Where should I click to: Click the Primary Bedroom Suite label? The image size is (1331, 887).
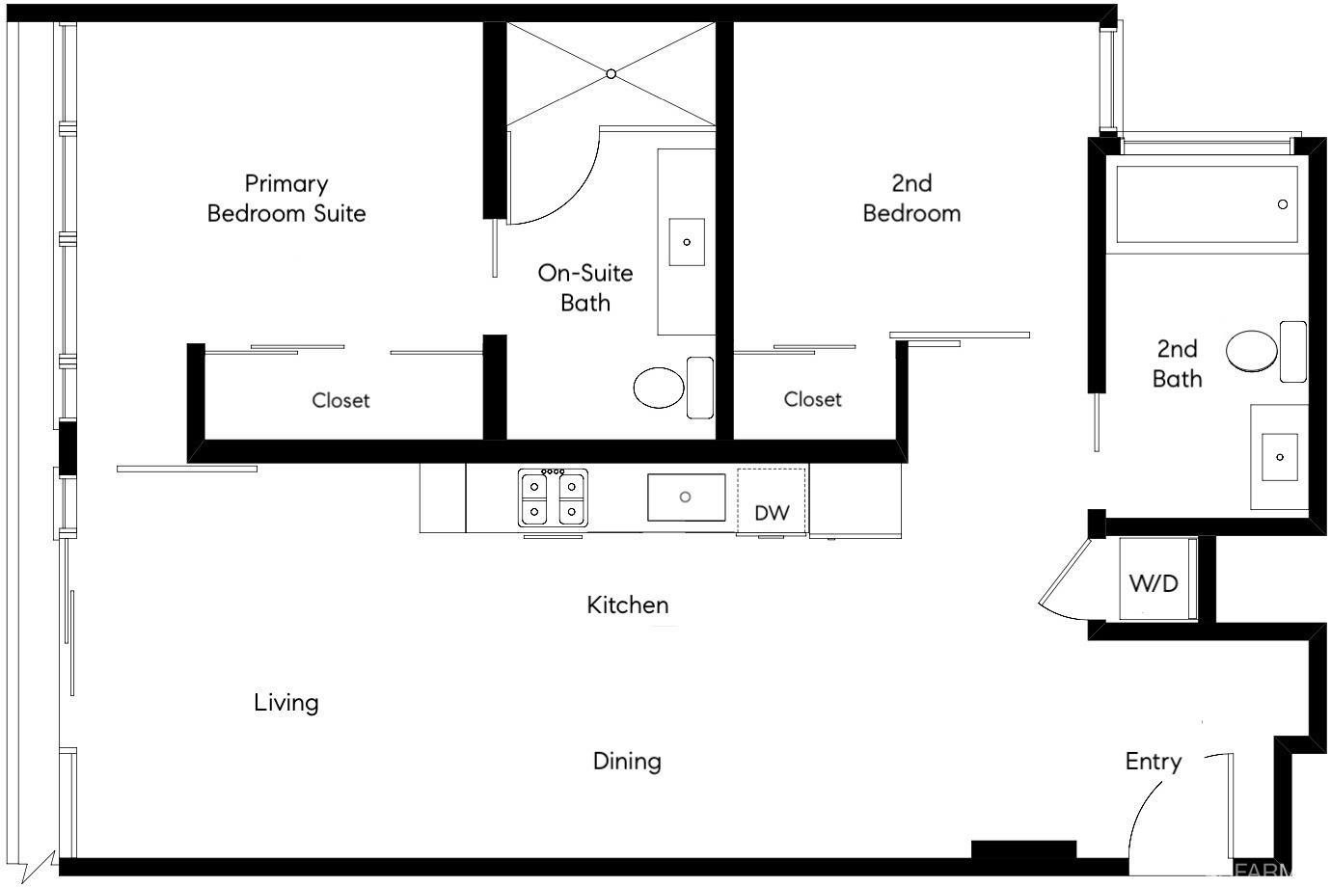[x=286, y=198]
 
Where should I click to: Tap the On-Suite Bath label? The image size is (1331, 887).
[x=585, y=287]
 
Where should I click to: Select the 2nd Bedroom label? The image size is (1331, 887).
[x=911, y=198]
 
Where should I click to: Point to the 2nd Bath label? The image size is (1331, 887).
[x=1177, y=363]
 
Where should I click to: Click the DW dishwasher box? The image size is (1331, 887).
[x=772, y=500]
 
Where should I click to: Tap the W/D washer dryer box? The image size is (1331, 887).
[x=1154, y=581]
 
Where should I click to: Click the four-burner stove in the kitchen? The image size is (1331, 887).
[x=554, y=497]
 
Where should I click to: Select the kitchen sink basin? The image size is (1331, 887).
[x=685, y=497]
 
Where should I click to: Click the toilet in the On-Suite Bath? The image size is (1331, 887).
[x=660, y=387]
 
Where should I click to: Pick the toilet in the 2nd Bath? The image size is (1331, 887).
[x=1252, y=351]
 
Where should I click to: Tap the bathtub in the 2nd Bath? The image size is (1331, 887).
[x=1207, y=204]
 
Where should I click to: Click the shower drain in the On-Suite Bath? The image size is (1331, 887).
[x=611, y=73]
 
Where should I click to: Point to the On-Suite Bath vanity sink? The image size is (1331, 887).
[x=687, y=242]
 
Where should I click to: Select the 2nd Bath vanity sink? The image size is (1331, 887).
[x=1280, y=456]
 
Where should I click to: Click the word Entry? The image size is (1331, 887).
[x=1154, y=762]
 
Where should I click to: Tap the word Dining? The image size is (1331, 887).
[x=627, y=762]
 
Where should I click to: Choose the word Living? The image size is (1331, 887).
[x=286, y=703]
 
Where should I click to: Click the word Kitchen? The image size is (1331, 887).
[x=628, y=605]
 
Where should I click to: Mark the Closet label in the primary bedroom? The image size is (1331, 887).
[x=340, y=400]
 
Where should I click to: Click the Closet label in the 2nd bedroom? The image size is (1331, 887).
[x=812, y=399]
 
